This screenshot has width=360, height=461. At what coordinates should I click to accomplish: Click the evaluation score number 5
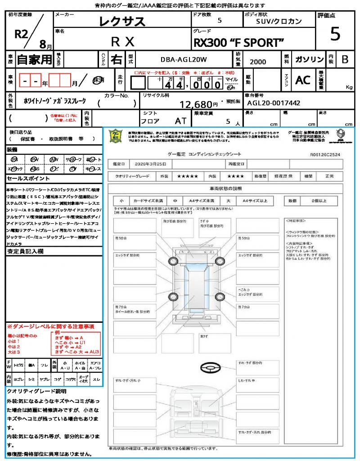[x=335, y=34]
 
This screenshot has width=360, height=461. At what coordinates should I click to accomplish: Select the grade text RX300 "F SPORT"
[x=238, y=42]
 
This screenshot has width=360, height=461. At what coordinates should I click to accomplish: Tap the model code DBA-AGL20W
[x=183, y=59]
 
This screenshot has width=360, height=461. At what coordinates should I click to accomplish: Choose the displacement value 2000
[x=257, y=62]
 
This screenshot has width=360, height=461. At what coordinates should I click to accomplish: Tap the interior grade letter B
[x=345, y=59]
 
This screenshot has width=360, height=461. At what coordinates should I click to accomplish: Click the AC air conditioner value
[x=303, y=80]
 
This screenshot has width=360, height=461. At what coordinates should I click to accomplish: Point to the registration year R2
[x=22, y=34]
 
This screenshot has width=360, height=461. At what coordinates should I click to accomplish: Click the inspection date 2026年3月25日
[x=147, y=164]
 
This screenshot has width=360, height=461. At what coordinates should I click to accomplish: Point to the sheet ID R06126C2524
[x=325, y=154]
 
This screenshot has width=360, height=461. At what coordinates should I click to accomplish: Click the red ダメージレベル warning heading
[x=50, y=326]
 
